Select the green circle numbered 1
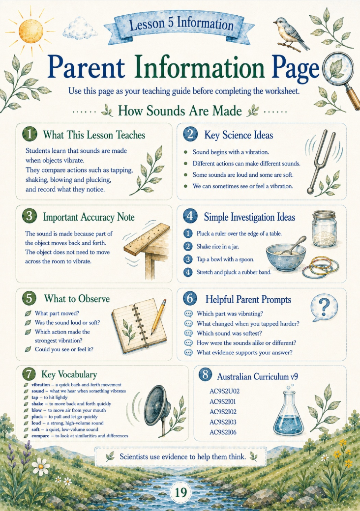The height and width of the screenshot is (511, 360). tap(30, 134)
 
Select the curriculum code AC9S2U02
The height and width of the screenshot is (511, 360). tap(225, 391)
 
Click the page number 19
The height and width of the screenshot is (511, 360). tap(180, 492)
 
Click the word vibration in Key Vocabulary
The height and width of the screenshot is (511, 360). tap(40, 385)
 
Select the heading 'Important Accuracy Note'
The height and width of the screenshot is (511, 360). tap(89, 217)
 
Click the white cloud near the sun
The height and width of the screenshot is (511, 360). tap(78, 28)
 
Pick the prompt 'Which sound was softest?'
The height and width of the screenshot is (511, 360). tap(229, 333)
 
